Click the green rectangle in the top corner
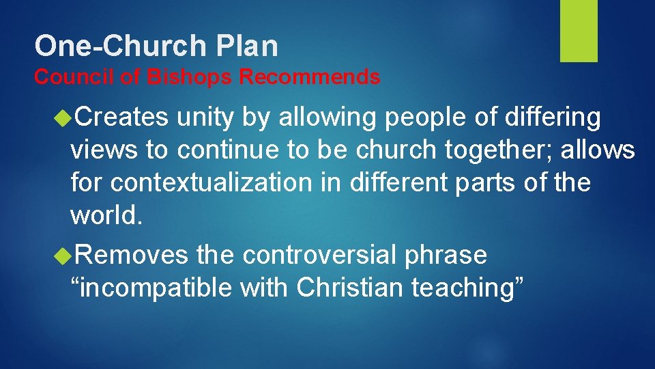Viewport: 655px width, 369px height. pyautogui.click(x=579, y=31)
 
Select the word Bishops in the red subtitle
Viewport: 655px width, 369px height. pyautogui.click(x=189, y=77)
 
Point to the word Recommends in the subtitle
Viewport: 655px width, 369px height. pyautogui.click(x=310, y=77)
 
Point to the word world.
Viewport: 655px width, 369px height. pyautogui.click(x=106, y=216)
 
